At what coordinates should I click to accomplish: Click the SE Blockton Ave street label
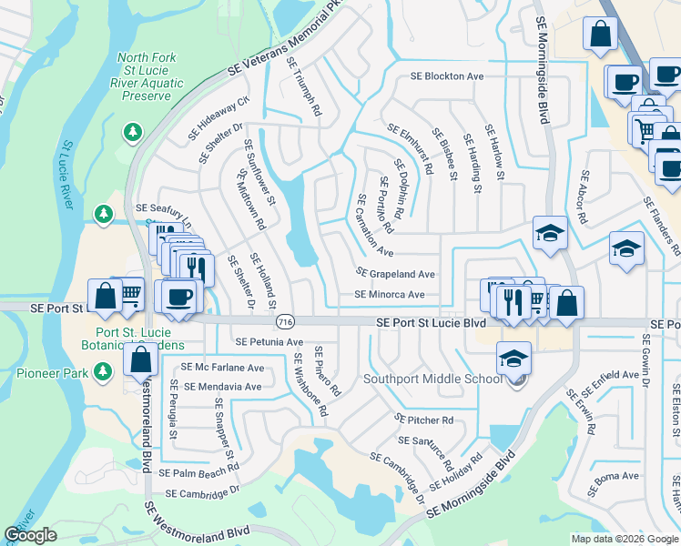point(447,76)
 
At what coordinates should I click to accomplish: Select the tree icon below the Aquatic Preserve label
point(134,133)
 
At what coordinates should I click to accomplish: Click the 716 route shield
point(285,322)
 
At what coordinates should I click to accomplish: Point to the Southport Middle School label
point(432,379)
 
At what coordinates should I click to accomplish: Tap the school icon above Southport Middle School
point(513,359)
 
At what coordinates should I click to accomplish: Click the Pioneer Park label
point(55,371)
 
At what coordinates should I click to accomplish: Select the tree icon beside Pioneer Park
point(105,371)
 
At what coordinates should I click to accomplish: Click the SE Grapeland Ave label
point(395,273)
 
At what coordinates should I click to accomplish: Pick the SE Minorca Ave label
point(390,295)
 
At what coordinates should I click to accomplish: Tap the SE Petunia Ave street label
point(269,342)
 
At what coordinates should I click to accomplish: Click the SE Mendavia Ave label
point(223,387)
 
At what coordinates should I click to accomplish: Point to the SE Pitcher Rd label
point(423,420)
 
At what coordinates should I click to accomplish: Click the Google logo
point(30,535)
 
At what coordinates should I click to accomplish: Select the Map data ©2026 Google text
point(624,539)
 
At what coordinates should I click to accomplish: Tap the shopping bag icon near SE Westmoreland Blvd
point(140,359)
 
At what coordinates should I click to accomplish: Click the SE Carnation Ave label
point(374,226)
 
